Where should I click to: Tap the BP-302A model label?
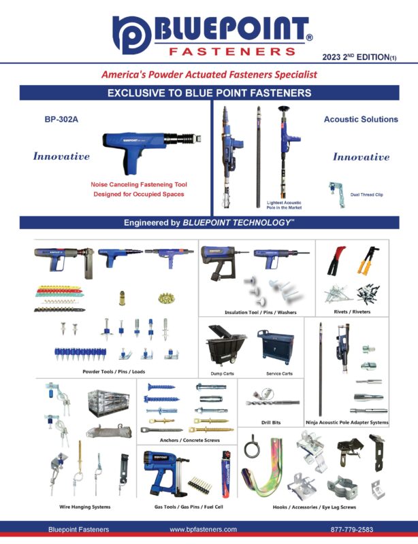[x=62, y=119]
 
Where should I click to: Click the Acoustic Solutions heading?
[x=360, y=119]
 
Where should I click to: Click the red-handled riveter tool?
[x=337, y=260]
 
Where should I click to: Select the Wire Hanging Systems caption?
[x=85, y=507]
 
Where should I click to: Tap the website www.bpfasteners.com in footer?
[x=203, y=529]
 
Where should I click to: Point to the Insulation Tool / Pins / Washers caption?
[x=260, y=312]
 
